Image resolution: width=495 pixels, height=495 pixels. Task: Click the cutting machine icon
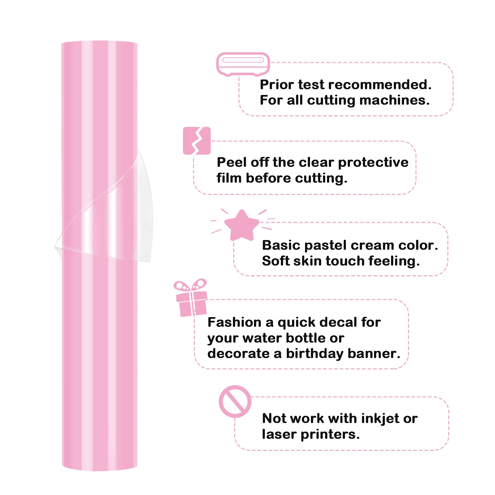tap(243, 64)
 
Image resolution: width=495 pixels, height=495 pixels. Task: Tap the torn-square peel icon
tap(197, 141)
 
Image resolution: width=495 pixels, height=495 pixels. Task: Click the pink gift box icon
tap(191, 298)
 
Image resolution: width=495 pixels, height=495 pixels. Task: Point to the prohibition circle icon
tap(235, 401)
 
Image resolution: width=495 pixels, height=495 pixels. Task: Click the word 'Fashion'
tap(235, 322)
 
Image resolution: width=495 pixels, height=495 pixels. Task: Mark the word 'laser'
tap(279, 434)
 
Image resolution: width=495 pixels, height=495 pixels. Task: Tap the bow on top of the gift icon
tap(190, 285)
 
